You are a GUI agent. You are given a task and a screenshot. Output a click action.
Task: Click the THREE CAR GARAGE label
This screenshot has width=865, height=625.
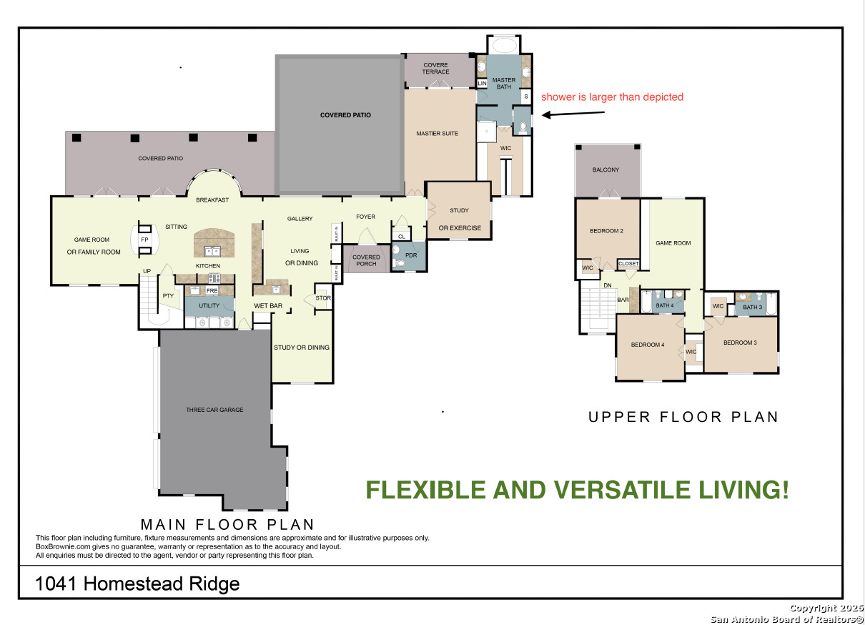point(214,410)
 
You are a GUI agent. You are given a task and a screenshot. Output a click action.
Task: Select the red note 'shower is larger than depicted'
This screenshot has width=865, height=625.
point(612,97)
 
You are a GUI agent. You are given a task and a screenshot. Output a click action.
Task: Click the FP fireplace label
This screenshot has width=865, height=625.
point(144,240)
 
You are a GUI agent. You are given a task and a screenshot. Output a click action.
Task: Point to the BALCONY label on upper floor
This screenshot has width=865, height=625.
point(605,169)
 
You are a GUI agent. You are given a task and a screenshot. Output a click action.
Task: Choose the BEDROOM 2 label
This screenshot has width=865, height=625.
point(606,231)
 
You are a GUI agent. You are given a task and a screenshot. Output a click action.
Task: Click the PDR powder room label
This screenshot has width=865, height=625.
point(410,255)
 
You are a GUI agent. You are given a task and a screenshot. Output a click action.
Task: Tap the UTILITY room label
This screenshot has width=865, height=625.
point(209,305)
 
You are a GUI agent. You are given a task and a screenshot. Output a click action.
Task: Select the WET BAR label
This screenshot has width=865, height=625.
point(268,306)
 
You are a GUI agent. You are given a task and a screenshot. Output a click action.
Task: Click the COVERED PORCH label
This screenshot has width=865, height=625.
point(366,261)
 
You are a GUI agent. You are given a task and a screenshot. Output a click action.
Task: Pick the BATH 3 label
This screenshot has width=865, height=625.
point(753,307)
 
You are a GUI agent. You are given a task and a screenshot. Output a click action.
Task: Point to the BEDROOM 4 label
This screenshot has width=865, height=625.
point(648,345)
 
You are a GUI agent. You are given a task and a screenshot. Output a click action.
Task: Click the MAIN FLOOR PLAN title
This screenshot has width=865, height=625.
point(227,524)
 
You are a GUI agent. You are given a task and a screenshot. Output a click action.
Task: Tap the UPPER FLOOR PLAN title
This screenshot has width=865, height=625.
point(683,417)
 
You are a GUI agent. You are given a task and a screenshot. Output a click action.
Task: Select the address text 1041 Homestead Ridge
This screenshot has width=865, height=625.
point(137,584)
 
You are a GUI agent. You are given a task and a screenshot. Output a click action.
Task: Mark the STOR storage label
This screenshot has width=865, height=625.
point(323,298)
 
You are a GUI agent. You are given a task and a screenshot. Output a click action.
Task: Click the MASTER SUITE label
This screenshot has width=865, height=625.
point(437,134)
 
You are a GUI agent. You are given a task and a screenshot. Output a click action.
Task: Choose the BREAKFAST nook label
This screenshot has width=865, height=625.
point(212,200)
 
